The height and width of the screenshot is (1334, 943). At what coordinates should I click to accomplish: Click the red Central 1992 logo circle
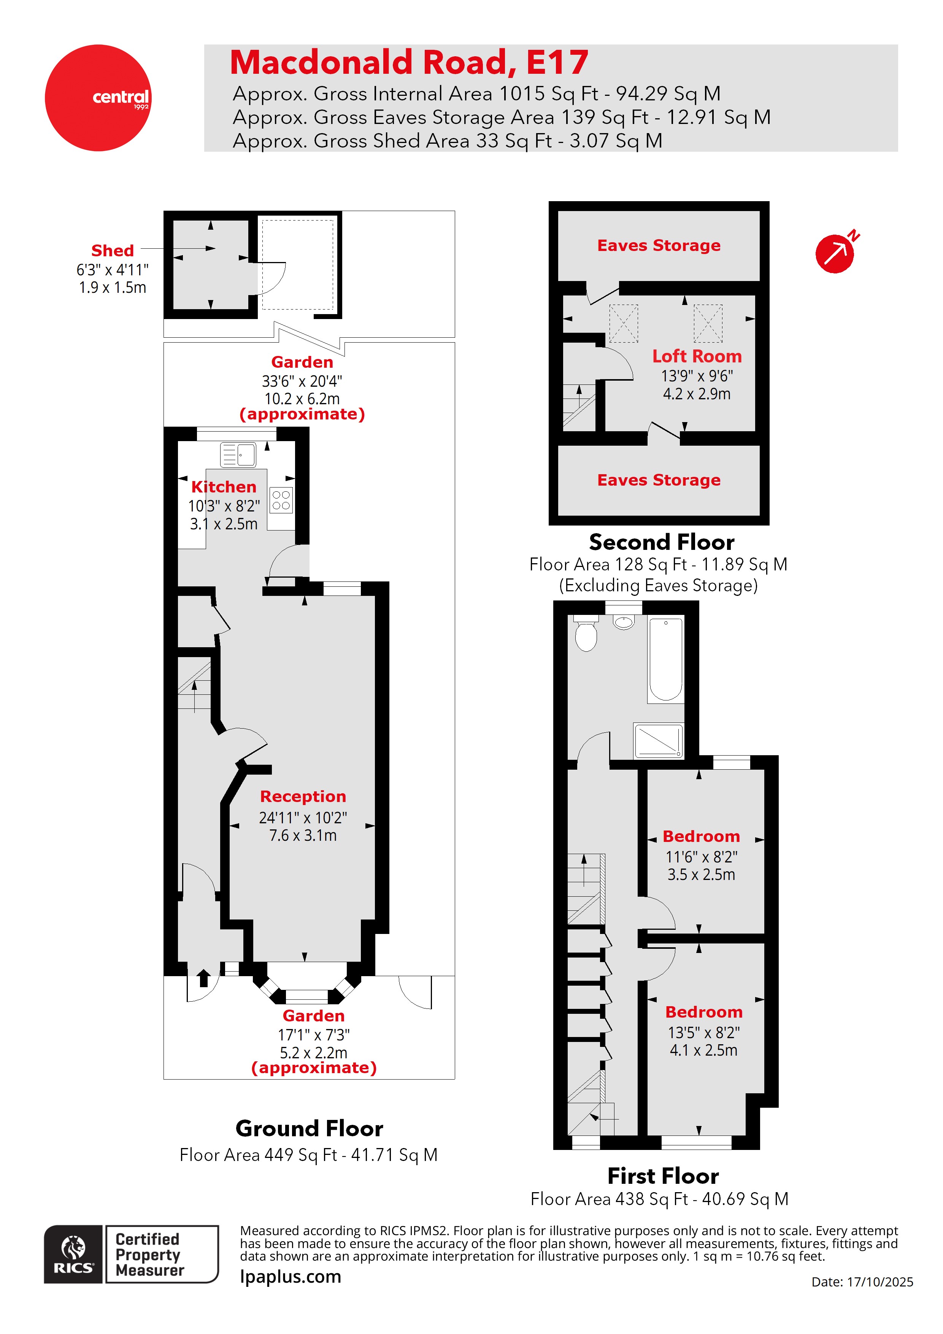[x=98, y=98]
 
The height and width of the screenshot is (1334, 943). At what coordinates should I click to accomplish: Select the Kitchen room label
[x=224, y=487]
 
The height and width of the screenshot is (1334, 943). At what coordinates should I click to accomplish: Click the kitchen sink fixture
[x=238, y=455]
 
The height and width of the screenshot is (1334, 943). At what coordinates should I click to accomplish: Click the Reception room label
[x=303, y=796]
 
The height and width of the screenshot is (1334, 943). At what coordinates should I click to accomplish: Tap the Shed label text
[x=112, y=251]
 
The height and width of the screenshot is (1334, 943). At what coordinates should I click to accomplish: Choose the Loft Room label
[x=697, y=356]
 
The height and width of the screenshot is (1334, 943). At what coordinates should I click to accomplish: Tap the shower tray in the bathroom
[x=658, y=741]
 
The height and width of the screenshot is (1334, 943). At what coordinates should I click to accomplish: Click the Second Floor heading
[x=661, y=542]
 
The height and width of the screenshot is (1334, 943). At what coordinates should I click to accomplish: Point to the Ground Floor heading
[x=309, y=1128]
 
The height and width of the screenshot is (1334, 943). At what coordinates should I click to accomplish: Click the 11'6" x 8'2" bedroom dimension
[x=701, y=857]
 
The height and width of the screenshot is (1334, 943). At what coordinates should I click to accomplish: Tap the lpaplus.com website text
[x=291, y=1277]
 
